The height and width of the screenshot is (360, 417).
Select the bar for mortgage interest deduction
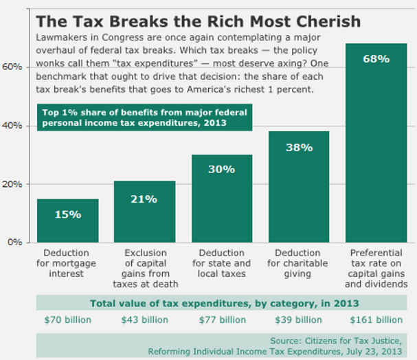coord(67,221)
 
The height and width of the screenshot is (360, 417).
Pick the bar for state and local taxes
coord(222,199)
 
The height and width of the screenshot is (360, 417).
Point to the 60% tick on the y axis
coord(13,67)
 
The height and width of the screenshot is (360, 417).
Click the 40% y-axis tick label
coord(13,126)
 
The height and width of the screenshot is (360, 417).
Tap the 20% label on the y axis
coord(13,184)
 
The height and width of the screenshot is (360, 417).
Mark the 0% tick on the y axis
coord(16,242)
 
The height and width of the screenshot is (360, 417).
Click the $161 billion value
coord(376,319)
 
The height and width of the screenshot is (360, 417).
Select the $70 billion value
coord(67,319)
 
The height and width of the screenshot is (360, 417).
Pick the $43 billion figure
coord(144,319)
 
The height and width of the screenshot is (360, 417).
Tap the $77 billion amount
coord(222,319)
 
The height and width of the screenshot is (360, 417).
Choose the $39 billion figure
coord(299,319)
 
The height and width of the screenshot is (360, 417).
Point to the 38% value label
coord(300,147)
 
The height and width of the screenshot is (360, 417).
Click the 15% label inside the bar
coord(67,214)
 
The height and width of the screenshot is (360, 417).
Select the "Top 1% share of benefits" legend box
coord(145,117)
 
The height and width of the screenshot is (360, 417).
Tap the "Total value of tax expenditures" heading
coord(221,303)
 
